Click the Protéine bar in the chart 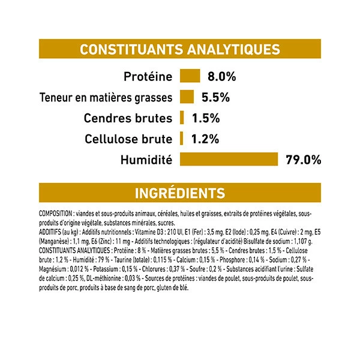(x=189, y=77)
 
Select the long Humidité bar (x=229, y=160)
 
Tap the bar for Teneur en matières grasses (x=186, y=97)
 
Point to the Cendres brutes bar (x=182, y=118)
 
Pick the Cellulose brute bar (x=181, y=139)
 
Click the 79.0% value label (x=304, y=160)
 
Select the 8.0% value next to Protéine (x=222, y=77)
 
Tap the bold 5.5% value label (x=216, y=97)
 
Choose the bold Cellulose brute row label (x=128, y=139)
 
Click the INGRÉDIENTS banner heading (x=180, y=193)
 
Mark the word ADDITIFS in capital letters (x=50, y=230)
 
